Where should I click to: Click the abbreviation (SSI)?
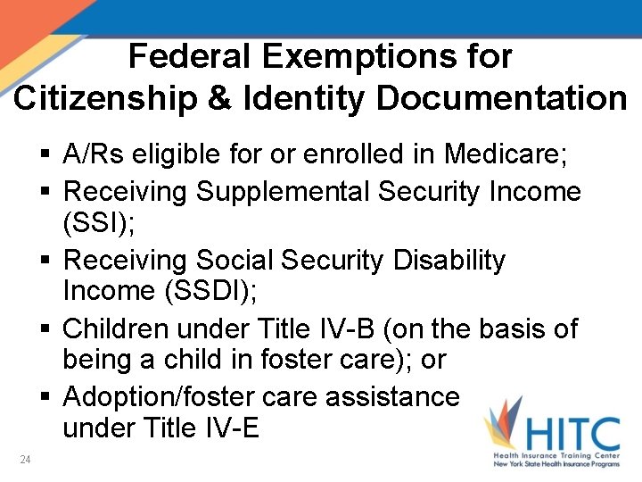pos(99,221)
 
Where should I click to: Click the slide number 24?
pos(25,460)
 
